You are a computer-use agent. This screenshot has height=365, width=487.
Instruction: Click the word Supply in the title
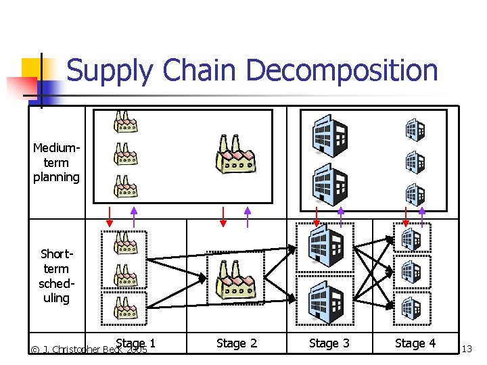point(109,71)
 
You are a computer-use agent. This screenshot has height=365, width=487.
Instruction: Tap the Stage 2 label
point(237,343)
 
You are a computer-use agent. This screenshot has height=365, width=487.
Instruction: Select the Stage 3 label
point(329,343)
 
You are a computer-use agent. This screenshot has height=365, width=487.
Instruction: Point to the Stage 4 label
point(415,343)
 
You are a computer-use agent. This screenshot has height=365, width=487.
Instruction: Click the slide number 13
point(467,349)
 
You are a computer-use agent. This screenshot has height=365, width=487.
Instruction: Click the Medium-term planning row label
point(57,162)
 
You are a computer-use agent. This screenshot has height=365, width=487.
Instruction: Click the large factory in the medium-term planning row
point(235,155)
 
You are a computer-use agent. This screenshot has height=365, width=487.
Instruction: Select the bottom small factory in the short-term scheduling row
point(126,307)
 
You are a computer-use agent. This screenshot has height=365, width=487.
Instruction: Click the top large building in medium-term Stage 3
point(329,135)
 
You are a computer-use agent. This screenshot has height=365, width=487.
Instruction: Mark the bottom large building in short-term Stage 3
point(325,300)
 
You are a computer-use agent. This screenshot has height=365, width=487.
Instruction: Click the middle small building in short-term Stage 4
point(411,271)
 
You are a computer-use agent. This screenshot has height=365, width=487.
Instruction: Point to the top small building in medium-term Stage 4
point(415,128)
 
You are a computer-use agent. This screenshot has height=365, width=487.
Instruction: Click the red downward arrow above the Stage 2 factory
point(223,216)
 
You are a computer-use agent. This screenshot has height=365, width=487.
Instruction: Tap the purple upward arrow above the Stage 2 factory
point(248,216)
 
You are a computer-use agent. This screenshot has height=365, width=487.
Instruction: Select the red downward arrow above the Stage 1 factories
point(109,216)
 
